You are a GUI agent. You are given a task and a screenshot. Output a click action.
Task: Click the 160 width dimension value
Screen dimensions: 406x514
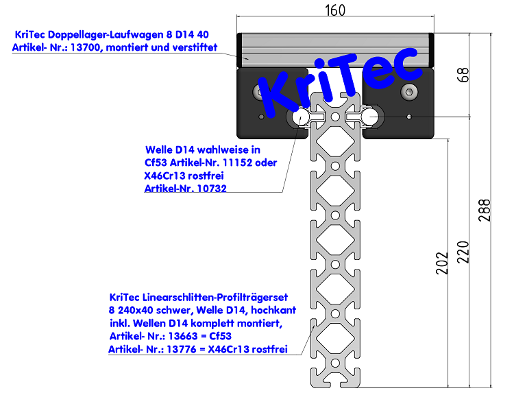pos(334,10)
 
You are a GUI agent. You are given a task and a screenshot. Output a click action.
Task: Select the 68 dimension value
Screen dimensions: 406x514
pos(463,75)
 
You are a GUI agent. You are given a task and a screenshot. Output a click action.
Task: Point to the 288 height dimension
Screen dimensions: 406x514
pos(485,211)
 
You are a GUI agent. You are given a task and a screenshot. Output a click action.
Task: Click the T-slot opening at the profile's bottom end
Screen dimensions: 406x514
pos(335,379)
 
